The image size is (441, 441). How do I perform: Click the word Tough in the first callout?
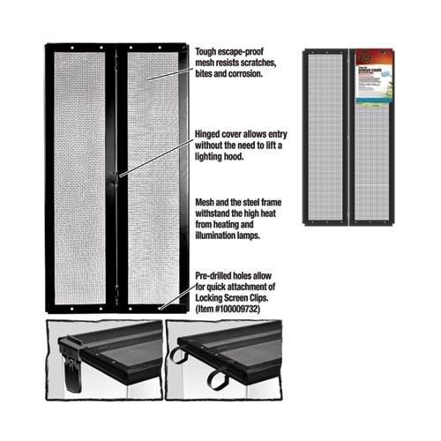(x=206, y=52)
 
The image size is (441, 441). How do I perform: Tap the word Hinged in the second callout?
(x=207, y=135)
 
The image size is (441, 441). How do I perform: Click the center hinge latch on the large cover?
(x=116, y=180)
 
